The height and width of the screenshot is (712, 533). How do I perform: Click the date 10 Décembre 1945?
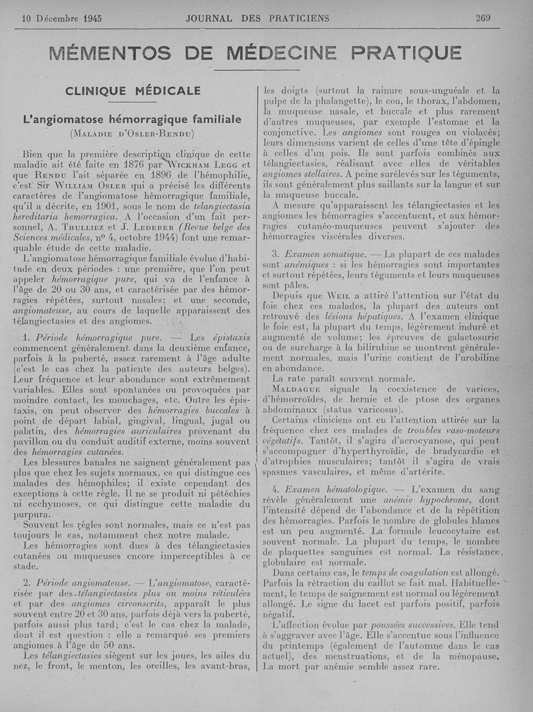[x=57, y=19]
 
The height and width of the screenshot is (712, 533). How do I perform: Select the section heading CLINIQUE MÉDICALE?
[x=133, y=91]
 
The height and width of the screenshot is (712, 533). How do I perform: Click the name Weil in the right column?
[x=338, y=296]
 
